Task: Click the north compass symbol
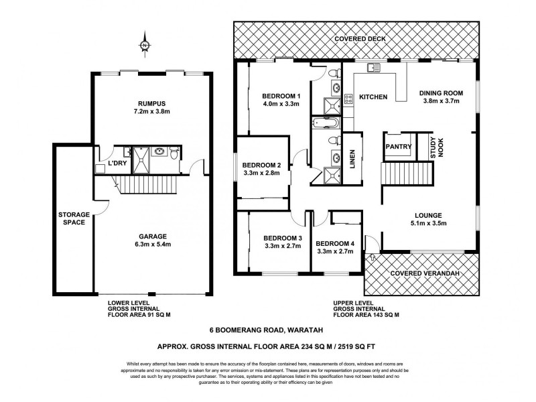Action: (144, 44)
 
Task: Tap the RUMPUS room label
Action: (151, 103)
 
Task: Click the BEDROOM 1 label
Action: (281, 96)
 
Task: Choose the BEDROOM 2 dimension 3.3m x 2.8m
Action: (261, 174)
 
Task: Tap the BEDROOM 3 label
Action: (282, 238)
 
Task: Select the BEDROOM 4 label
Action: (334, 243)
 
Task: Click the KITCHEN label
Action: (373, 97)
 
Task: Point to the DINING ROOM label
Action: (442, 92)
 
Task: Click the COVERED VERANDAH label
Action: (425, 273)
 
